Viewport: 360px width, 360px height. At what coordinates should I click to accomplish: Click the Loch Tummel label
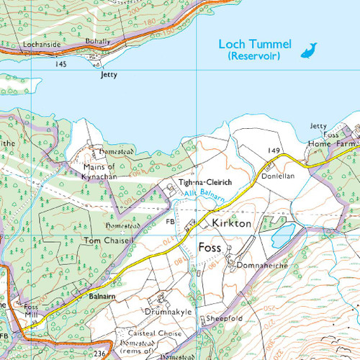(255, 45)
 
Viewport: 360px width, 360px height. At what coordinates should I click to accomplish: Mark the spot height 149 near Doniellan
(274, 150)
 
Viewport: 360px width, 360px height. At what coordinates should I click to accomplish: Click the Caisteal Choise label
(150, 333)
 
